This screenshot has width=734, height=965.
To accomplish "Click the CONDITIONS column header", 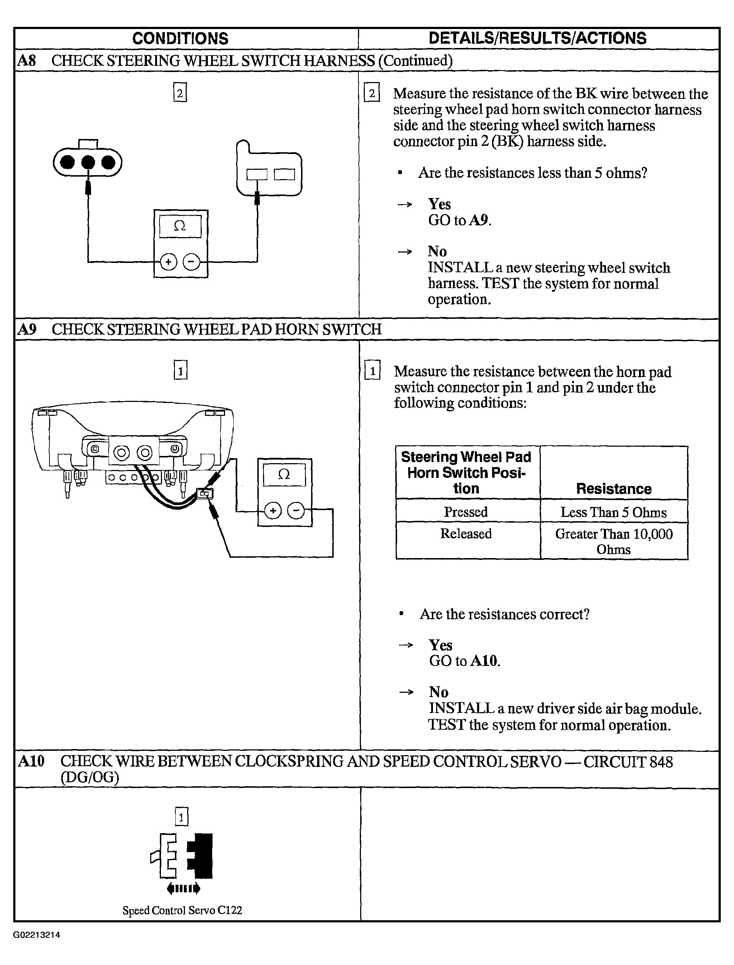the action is [180, 38].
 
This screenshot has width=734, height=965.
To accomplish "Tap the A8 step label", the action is [26, 60].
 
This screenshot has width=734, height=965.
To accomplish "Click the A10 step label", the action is [31, 761].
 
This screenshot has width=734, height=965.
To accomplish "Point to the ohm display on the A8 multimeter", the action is [180, 226].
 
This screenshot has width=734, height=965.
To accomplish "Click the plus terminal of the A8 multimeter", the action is [168, 262].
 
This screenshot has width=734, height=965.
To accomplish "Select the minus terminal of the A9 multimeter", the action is [296, 510].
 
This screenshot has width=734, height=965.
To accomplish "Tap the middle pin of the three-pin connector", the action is [88, 162].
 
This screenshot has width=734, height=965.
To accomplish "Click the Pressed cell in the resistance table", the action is [466, 511].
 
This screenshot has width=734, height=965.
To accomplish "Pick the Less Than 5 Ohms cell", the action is [614, 512].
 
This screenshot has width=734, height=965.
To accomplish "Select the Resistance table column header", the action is [614, 489].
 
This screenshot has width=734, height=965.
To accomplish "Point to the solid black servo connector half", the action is [201, 856].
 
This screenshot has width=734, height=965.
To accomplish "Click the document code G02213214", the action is [37, 935].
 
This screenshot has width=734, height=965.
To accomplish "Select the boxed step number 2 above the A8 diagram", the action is [180, 92].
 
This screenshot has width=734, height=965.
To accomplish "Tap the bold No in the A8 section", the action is [437, 251].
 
